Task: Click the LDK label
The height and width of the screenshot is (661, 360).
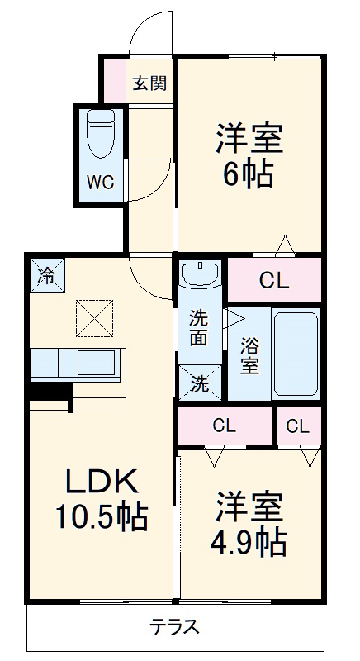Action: [101, 481]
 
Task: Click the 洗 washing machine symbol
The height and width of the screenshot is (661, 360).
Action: [201, 383]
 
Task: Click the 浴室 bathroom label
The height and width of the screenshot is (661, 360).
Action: [249, 354]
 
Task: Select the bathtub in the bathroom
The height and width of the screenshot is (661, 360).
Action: [296, 355]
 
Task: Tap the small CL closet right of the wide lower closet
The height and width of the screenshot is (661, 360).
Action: [298, 426]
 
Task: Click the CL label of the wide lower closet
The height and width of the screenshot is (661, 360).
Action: [225, 426]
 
